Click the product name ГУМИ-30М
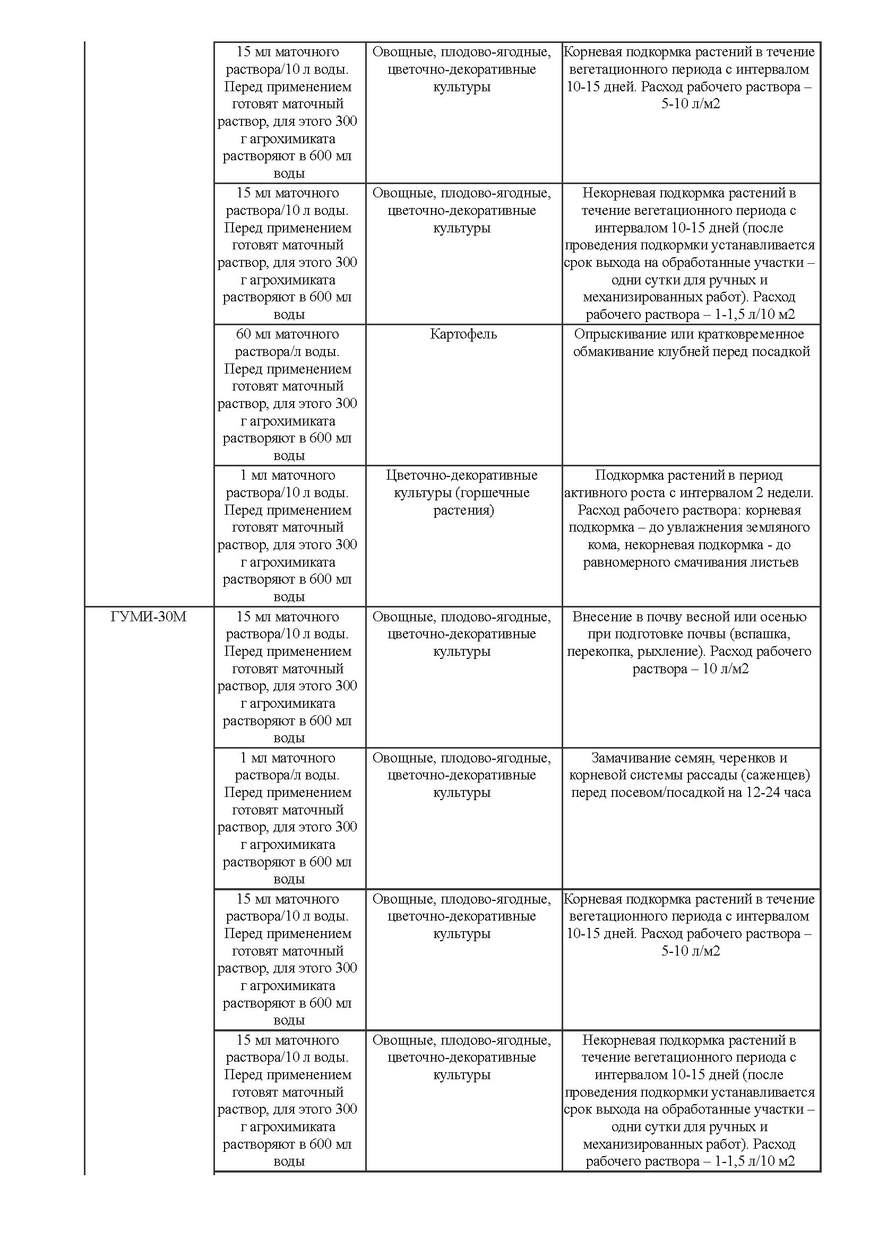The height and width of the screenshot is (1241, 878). pyautogui.click(x=148, y=617)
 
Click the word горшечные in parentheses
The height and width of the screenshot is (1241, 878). pyautogui.click(x=494, y=493)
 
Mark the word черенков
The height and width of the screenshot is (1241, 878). pyautogui.click(x=749, y=758)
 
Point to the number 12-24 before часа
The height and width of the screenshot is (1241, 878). pyautogui.click(x=764, y=792)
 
